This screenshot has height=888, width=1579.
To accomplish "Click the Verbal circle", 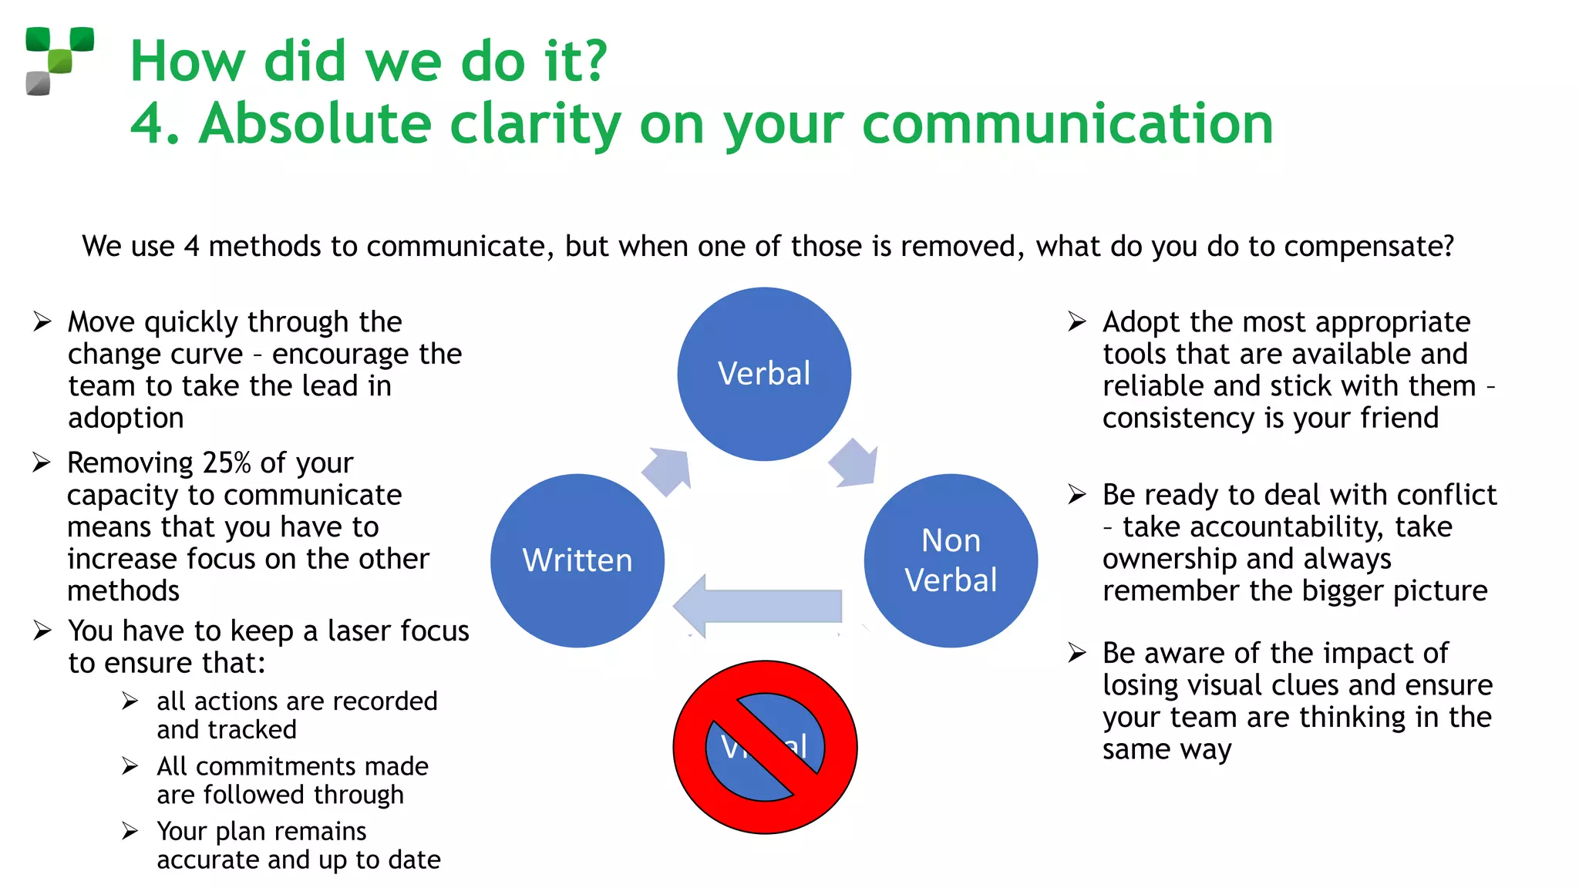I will tap(764, 374).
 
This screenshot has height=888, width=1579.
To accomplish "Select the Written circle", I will tap(577, 560).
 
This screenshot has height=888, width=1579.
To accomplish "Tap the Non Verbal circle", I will tap(951, 560).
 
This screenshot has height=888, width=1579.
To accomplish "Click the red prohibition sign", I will tap(765, 747).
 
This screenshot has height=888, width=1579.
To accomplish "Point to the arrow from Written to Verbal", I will tap(668, 470).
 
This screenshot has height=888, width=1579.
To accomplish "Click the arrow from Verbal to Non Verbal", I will tap(854, 463).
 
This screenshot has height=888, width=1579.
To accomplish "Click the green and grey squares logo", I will tap(59, 61).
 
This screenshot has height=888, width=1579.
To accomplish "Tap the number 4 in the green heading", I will tap(146, 123).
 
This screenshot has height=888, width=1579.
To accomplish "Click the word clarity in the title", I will tap(535, 123).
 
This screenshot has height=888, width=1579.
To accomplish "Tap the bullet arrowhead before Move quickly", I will tap(42, 321).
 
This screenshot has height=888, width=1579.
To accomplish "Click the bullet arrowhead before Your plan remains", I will tap(130, 831).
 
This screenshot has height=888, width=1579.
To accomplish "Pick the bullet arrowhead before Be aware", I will tap(1077, 654).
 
